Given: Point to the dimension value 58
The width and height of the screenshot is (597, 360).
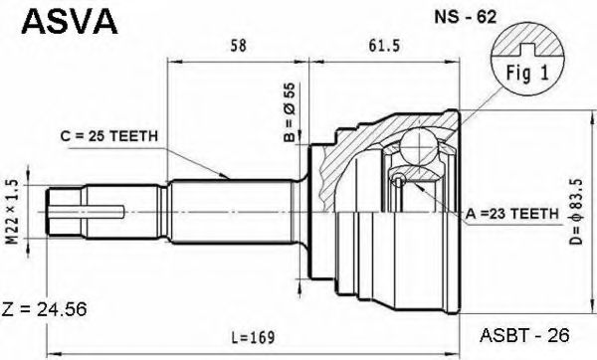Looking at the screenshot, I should (238, 46).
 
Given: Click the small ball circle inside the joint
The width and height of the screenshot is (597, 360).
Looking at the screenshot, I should (397, 179).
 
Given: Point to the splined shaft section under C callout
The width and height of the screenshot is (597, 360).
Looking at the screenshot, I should (229, 210).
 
